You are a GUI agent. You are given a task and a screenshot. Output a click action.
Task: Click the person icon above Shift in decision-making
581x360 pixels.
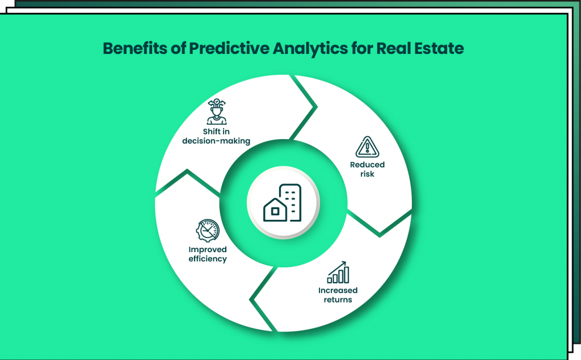pyautogui.click(x=216, y=112)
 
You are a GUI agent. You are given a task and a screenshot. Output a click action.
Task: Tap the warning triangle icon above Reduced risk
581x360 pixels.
pyautogui.click(x=367, y=147)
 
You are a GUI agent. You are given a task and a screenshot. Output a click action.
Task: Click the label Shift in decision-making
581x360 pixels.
pyautogui.click(x=216, y=136)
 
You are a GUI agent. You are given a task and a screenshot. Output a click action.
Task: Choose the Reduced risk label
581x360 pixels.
pyautogui.click(x=367, y=169)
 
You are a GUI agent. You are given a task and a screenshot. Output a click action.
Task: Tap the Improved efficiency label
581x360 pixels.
pyautogui.click(x=208, y=254)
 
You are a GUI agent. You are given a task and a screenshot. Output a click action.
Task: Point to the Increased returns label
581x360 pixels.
pyautogui.click(x=338, y=295)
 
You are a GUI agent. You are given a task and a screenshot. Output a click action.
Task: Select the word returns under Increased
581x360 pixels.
pyautogui.click(x=338, y=299)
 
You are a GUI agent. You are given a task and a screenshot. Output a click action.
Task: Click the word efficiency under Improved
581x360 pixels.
pyautogui.click(x=208, y=259)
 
